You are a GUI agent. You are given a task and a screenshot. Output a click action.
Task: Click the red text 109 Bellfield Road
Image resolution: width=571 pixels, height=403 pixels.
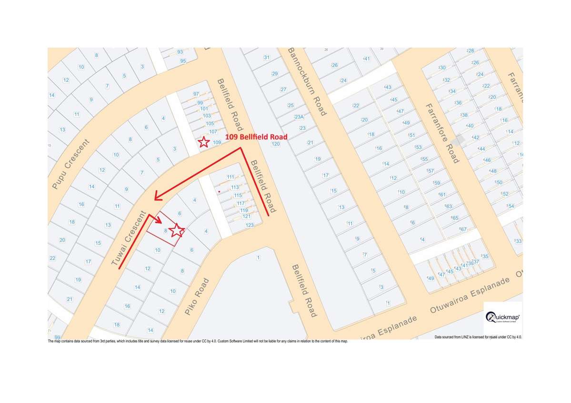(x=257, y=137)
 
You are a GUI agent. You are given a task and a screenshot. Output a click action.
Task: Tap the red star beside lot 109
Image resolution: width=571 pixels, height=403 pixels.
(x=203, y=142)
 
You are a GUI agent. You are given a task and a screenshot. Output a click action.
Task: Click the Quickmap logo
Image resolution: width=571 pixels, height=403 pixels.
(x=503, y=318)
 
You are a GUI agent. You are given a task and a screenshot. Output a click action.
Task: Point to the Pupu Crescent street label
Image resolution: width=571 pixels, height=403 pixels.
(x=70, y=164)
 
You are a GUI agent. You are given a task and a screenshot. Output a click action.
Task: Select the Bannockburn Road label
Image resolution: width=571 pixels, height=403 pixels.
(x=307, y=81)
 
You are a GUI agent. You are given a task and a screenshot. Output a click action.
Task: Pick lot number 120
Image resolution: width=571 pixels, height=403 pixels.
(x=275, y=144)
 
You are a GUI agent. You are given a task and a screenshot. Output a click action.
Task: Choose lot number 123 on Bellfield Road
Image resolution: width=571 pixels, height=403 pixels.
(x=250, y=225)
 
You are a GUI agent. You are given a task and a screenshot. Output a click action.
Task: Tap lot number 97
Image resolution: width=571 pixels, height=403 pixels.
(x=196, y=94)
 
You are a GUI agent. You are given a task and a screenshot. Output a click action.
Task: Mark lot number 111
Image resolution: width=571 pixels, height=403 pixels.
(x=231, y=177)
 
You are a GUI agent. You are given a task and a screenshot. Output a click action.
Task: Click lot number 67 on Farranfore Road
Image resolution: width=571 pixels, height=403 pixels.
(x=463, y=229)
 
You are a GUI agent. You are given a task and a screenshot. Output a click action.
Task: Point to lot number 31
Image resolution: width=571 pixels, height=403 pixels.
(x=267, y=58)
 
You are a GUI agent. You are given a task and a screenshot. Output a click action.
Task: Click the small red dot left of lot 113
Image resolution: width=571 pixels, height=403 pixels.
(x=219, y=191)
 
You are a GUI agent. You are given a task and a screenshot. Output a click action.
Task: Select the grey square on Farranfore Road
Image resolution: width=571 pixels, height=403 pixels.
(x=460, y=140)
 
